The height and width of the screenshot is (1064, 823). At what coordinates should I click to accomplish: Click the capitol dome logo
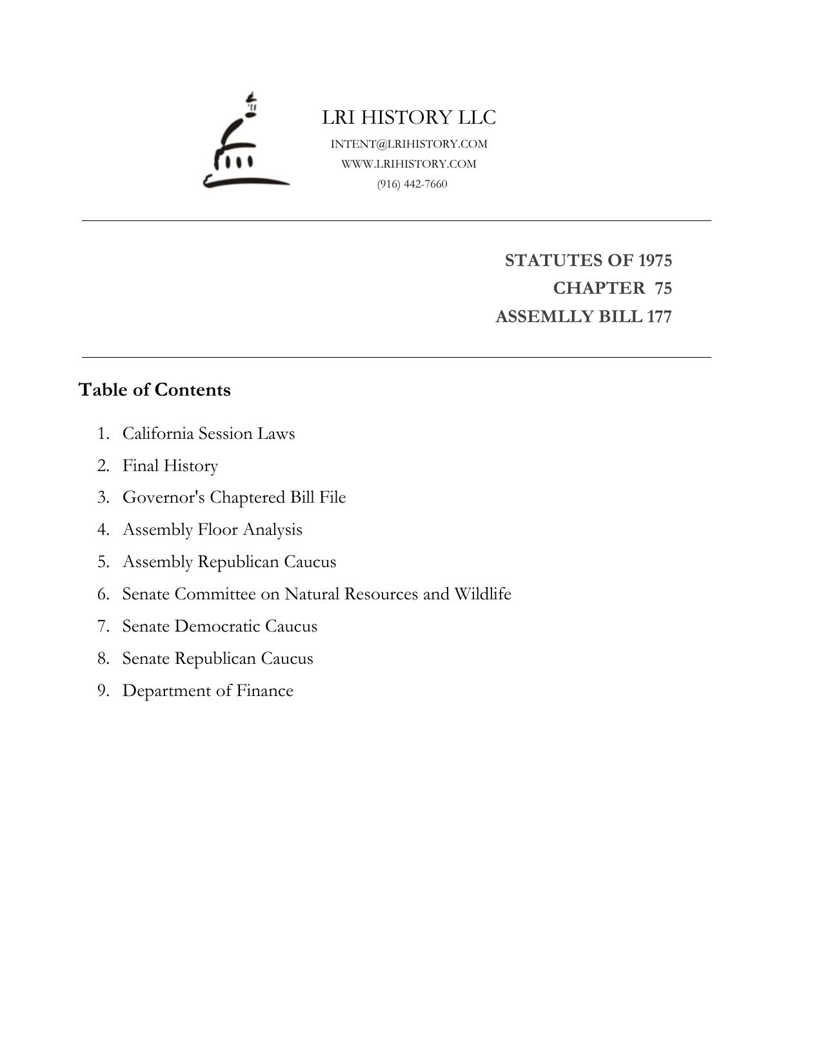click(x=246, y=143)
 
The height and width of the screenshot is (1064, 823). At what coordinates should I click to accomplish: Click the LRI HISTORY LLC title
click(x=409, y=117)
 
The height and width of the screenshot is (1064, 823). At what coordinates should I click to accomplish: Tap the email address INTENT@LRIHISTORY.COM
click(x=409, y=144)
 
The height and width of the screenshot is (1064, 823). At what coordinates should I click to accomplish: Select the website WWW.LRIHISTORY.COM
click(x=409, y=164)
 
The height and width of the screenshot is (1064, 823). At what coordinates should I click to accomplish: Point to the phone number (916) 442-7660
click(x=412, y=184)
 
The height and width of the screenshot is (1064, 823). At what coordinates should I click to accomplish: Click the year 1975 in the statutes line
click(x=655, y=260)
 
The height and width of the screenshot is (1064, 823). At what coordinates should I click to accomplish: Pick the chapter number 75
click(x=663, y=288)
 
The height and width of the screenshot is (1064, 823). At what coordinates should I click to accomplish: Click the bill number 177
click(x=660, y=316)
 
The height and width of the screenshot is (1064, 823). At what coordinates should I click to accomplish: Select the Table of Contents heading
click(x=154, y=390)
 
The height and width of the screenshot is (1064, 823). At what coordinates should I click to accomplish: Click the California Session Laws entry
click(x=208, y=433)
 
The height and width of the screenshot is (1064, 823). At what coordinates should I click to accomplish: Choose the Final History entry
click(x=170, y=465)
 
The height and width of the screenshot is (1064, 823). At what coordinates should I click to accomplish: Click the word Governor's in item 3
click(x=163, y=498)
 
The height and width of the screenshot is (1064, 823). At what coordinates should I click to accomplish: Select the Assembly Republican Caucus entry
click(x=229, y=562)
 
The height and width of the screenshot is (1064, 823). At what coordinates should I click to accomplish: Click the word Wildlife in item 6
click(x=482, y=594)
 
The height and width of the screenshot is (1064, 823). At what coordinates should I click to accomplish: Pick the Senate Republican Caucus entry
click(x=217, y=659)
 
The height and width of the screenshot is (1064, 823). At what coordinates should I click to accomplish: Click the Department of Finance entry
click(x=208, y=691)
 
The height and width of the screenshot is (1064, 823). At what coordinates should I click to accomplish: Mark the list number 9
click(x=103, y=691)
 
